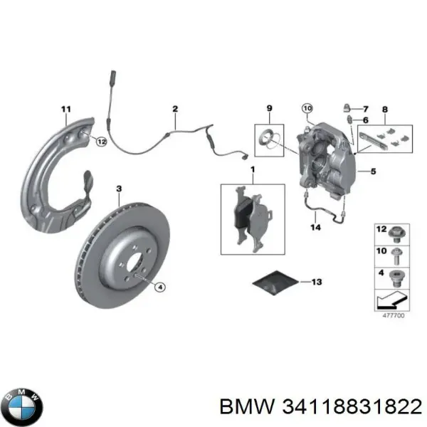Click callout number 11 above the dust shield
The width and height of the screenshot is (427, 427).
[x=66, y=108]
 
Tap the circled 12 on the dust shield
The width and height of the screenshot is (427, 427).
[x=101, y=142]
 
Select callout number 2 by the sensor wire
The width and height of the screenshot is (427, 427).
[x=174, y=108]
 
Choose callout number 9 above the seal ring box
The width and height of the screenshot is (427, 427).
[x=270, y=108]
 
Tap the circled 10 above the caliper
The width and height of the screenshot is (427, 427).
[x=307, y=108]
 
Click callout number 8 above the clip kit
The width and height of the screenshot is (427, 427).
[x=385, y=109]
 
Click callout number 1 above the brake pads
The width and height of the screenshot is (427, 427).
[x=252, y=169]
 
